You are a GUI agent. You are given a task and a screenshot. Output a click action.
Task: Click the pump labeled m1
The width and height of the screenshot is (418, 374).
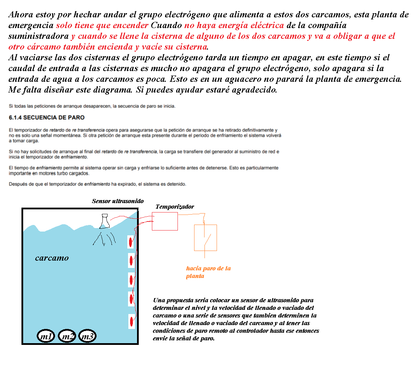click(46, 336)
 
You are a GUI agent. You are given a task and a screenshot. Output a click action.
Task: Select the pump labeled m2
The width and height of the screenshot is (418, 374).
click(67, 336)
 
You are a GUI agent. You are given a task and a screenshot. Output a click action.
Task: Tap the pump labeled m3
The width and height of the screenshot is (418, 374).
click(87, 336)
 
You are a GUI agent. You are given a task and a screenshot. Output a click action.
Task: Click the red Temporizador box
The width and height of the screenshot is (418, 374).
click(165, 221)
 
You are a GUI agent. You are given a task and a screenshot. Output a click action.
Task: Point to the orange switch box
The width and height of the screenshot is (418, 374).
click(206, 238)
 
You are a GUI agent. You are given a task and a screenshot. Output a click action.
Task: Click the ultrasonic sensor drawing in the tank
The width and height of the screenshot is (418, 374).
click(104, 222)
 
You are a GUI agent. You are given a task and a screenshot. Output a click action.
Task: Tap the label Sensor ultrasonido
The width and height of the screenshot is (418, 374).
click(118, 201)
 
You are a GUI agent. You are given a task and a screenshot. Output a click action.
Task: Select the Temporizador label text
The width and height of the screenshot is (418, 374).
click(174, 207)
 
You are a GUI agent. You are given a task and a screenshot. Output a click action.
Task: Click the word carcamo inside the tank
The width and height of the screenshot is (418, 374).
click(52, 258)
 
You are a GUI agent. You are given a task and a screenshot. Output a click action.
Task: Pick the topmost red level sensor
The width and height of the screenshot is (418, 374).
click(131, 242)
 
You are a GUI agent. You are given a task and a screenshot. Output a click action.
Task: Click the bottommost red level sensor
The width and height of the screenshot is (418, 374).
click(131, 322)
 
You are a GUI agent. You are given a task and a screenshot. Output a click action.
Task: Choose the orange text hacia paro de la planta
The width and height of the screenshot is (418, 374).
click(208, 272)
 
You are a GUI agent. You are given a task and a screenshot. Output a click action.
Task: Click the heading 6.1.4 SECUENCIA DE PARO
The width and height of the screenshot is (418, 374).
click(47, 118)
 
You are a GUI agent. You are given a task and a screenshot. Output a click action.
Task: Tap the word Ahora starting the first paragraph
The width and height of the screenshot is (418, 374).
click(21, 15)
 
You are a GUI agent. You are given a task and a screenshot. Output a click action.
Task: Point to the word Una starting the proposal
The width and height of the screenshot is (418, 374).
click(159, 300)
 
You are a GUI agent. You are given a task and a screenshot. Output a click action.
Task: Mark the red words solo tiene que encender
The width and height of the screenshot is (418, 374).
click(102, 25)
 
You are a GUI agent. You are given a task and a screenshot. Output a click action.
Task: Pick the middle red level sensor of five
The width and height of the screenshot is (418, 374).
click(131, 279)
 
